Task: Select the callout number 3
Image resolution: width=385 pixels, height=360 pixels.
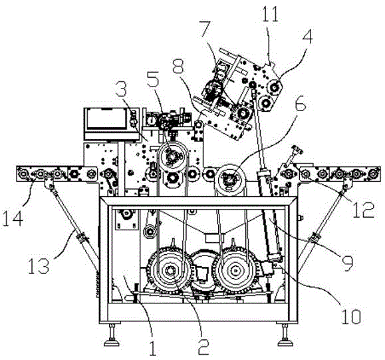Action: (x=121, y=89)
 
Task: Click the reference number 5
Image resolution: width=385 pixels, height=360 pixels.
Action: (x=152, y=79)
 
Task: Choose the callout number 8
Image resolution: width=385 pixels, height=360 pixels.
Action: (x=178, y=66)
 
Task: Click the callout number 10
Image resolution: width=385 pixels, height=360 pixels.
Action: (x=350, y=317)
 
